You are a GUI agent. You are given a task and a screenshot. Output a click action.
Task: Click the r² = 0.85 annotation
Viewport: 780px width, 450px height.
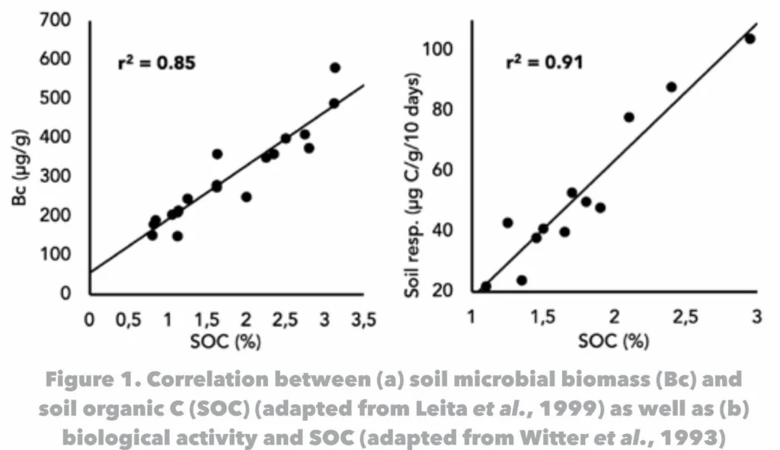pyautogui.click(x=156, y=63)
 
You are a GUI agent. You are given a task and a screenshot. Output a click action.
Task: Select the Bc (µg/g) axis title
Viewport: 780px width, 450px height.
pyautogui.click(x=21, y=175)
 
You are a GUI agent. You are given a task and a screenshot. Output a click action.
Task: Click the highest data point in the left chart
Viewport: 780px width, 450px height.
pyautogui.click(x=334, y=68)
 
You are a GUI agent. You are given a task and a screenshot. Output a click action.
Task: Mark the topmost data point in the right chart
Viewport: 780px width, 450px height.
pyautogui.click(x=750, y=39)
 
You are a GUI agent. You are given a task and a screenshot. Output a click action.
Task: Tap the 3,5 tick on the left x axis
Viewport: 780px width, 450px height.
pyautogui.click(x=363, y=320)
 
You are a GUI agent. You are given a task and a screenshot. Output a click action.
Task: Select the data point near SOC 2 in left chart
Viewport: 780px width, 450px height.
pyautogui.click(x=246, y=197)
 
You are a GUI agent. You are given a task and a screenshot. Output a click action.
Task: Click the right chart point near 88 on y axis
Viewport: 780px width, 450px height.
pyautogui.click(x=671, y=87)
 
